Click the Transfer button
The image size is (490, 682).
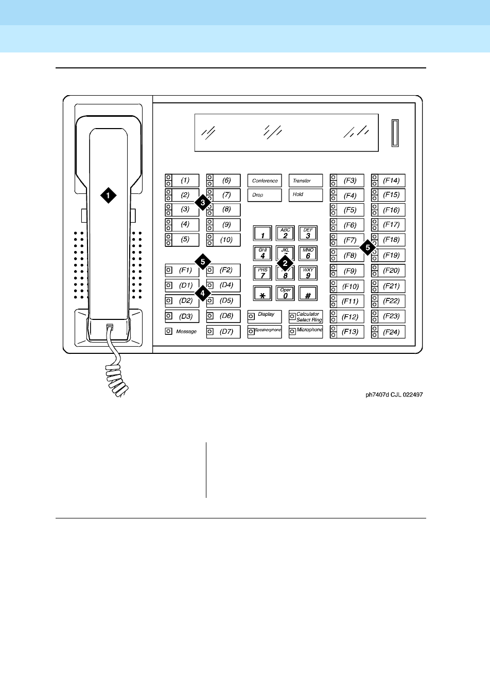click(x=306, y=181)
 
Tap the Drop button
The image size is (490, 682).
click(x=265, y=195)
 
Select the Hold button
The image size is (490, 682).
click(x=306, y=195)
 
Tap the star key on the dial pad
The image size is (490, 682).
click(x=262, y=294)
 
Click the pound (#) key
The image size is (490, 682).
click(x=308, y=294)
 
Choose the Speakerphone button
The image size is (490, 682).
click(x=265, y=331)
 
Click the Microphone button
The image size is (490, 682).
click(x=306, y=331)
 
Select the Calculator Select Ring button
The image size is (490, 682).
click(x=306, y=317)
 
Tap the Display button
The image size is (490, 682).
click(x=265, y=316)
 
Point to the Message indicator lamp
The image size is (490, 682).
click(x=168, y=331)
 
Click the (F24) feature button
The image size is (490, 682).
click(x=388, y=332)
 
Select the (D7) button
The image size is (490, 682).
click(x=223, y=332)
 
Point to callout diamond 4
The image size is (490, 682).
click(x=203, y=293)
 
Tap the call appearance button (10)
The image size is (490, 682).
click(x=223, y=240)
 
